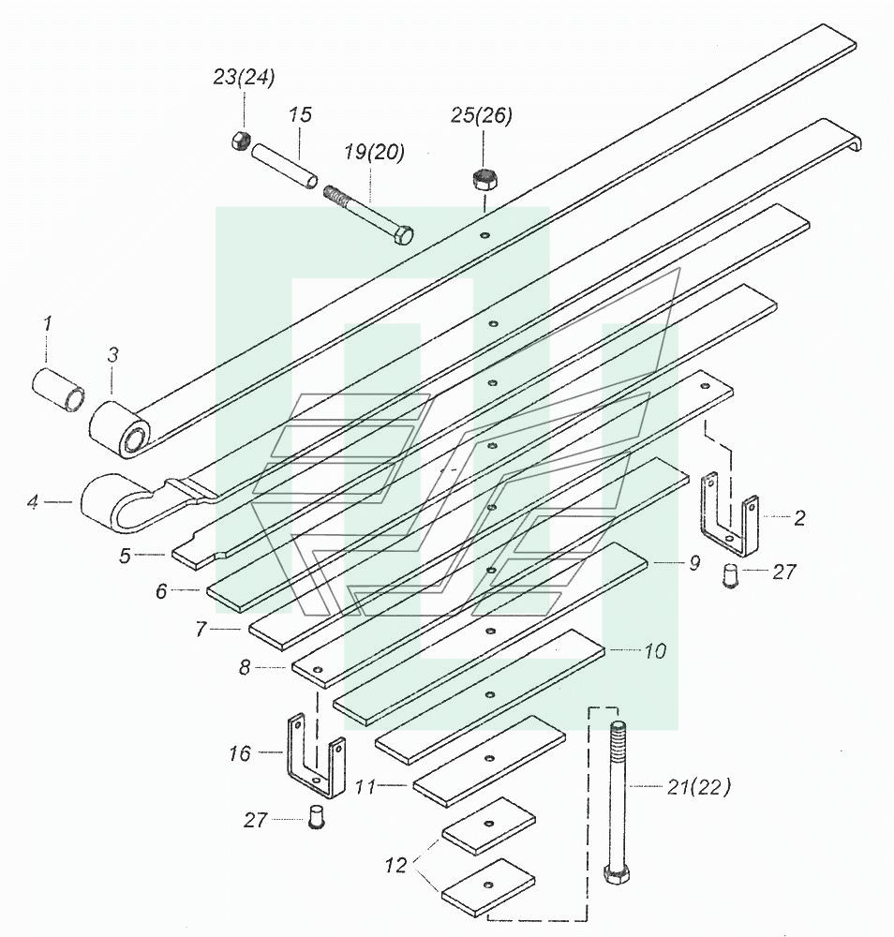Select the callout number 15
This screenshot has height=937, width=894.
tap(301, 114)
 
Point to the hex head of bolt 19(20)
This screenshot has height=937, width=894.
tap(403, 235)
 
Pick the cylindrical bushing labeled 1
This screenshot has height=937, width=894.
tap(58, 390)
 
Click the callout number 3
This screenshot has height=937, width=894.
tap(113, 355)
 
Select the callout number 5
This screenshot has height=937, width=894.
tap(125, 556)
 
